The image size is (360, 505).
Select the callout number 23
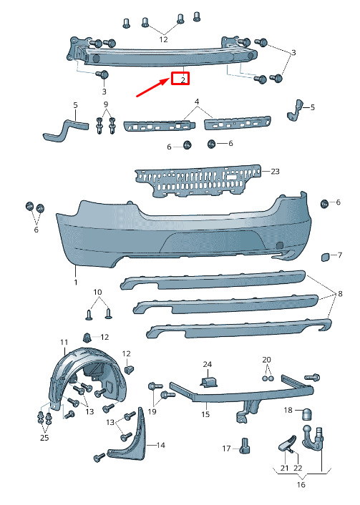275,172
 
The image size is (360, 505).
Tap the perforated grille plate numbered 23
198,181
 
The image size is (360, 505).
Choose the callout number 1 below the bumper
76,282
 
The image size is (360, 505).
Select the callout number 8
340,294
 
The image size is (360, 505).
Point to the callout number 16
301,484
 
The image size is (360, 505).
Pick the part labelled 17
245,446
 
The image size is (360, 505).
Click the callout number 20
266,360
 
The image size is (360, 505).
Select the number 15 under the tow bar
205,414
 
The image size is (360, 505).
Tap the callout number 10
97,292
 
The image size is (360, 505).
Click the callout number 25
44,437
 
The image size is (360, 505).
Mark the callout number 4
197,102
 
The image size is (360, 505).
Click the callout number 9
106,104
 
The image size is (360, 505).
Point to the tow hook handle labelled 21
287,443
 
